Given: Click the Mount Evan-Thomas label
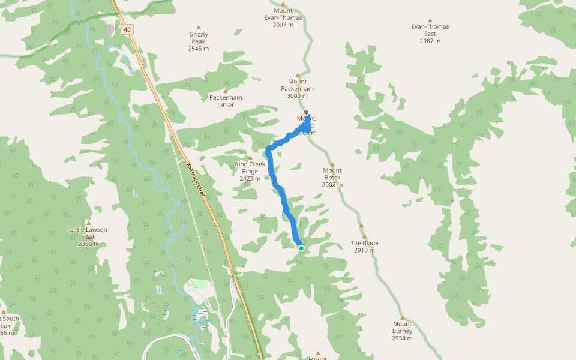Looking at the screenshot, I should (283, 18).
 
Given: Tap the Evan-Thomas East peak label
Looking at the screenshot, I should (430, 34).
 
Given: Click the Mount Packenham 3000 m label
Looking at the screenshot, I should (297, 89).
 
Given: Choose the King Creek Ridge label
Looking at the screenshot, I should (250, 171).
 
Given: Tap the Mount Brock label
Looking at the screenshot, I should (332, 178).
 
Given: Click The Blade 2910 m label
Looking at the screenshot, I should (364, 247).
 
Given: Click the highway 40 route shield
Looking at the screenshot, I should (127, 29).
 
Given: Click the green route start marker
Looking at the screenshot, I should (301, 248).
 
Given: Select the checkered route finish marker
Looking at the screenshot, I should (306, 112).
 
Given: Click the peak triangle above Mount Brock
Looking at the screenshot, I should (332, 163).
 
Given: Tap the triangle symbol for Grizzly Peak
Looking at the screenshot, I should (199, 26).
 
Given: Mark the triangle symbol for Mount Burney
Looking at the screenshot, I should (402, 317).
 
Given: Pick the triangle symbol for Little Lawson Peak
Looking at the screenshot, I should (88, 223).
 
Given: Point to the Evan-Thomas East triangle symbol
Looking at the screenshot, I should (430, 20).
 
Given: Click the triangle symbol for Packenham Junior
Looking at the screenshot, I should (226, 91).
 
